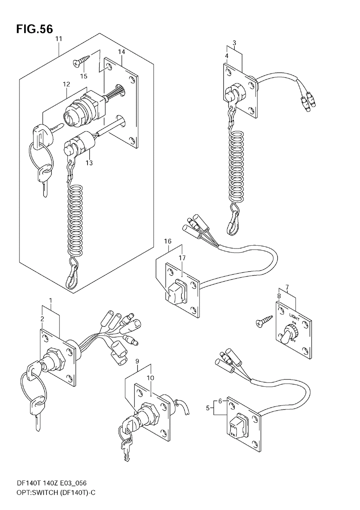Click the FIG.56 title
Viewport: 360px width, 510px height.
tap(34, 28)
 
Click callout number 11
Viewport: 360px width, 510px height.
tap(59, 39)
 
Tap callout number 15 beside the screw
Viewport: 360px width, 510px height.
tap(84, 76)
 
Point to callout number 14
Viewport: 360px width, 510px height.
tap(121, 52)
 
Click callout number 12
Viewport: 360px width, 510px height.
tap(66, 84)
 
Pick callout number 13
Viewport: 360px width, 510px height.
tap(89, 163)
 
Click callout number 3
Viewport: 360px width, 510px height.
tap(234, 43)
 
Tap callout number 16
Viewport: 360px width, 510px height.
tap(168, 241)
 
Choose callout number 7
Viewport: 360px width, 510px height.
tap(287, 287)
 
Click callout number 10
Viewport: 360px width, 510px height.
tap(150, 378)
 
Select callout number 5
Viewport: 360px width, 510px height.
tap(208, 408)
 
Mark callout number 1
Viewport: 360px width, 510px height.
tap(51, 300)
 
